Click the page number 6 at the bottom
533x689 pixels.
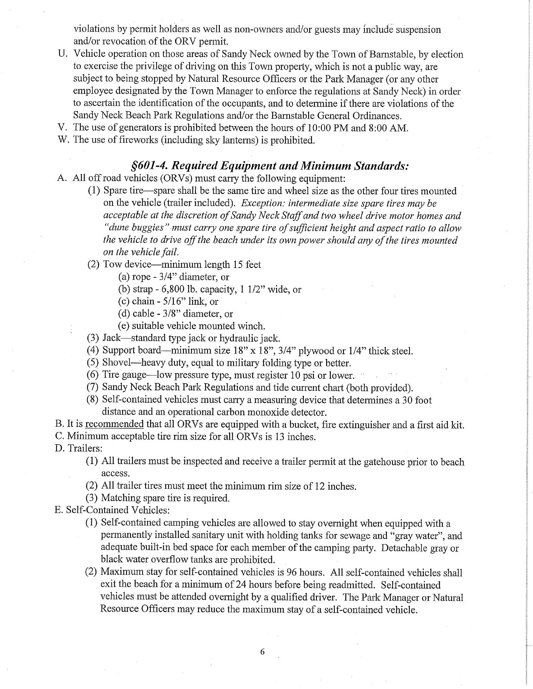(x=262, y=652)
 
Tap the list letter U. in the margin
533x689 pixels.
(x=63, y=54)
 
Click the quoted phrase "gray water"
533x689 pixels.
(x=417, y=536)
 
